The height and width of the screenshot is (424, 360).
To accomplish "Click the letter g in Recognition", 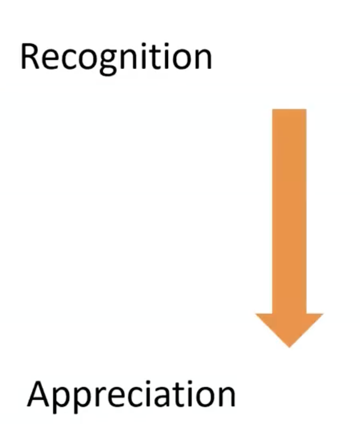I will (114, 62).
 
